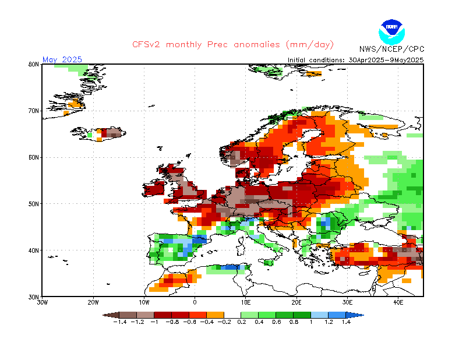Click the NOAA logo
click(391, 32)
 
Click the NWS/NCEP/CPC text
click(391, 49)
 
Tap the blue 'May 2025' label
click(62, 59)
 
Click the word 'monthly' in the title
click(183, 45)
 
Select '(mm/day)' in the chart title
click(310, 45)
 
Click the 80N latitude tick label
click(34, 64)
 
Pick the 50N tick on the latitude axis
click(34, 204)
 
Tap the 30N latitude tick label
click(34, 297)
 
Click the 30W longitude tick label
click(42, 303)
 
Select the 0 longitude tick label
click(195, 303)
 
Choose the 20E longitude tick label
click(296, 303)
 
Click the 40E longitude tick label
click(398, 303)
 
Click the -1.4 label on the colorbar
click(120, 322)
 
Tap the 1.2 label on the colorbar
click(329, 322)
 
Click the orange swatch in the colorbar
click(215, 315)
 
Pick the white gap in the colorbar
click(232, 315)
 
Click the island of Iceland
click(98, 134)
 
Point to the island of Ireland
click(153, 189)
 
